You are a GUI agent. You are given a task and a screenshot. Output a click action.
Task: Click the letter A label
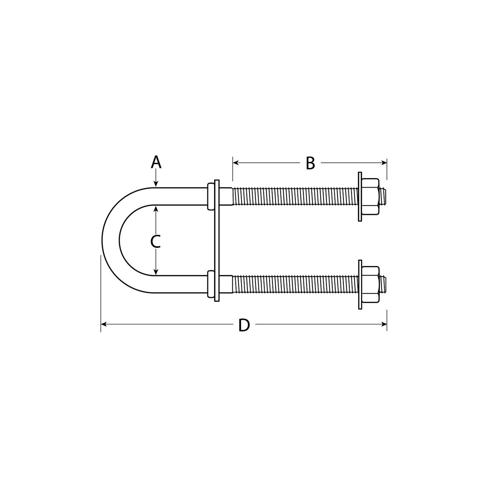(x=156, y=162)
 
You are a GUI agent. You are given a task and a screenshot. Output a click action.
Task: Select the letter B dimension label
(x=310, y=163)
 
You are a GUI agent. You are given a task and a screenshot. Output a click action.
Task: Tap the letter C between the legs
(x=155, y=242)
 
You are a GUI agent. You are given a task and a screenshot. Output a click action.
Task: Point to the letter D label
(x=244, y=325)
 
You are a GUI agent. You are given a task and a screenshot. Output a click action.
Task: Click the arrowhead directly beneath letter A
(x=156, y=184)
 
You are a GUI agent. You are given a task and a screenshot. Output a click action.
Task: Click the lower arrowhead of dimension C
(x=156, y=272)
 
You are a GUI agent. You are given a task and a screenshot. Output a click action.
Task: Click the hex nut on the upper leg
(x=371, y=197)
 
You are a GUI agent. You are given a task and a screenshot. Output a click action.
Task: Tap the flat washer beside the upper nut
(x=360, y=197)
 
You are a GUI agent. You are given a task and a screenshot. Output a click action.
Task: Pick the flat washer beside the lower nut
(x=360, y=284)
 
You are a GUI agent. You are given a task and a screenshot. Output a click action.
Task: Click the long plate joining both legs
(x=216, y=240)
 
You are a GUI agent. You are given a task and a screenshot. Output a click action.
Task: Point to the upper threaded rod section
(x=294, y=197)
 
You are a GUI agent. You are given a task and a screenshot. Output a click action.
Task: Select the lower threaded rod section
(x=294, y=284)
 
